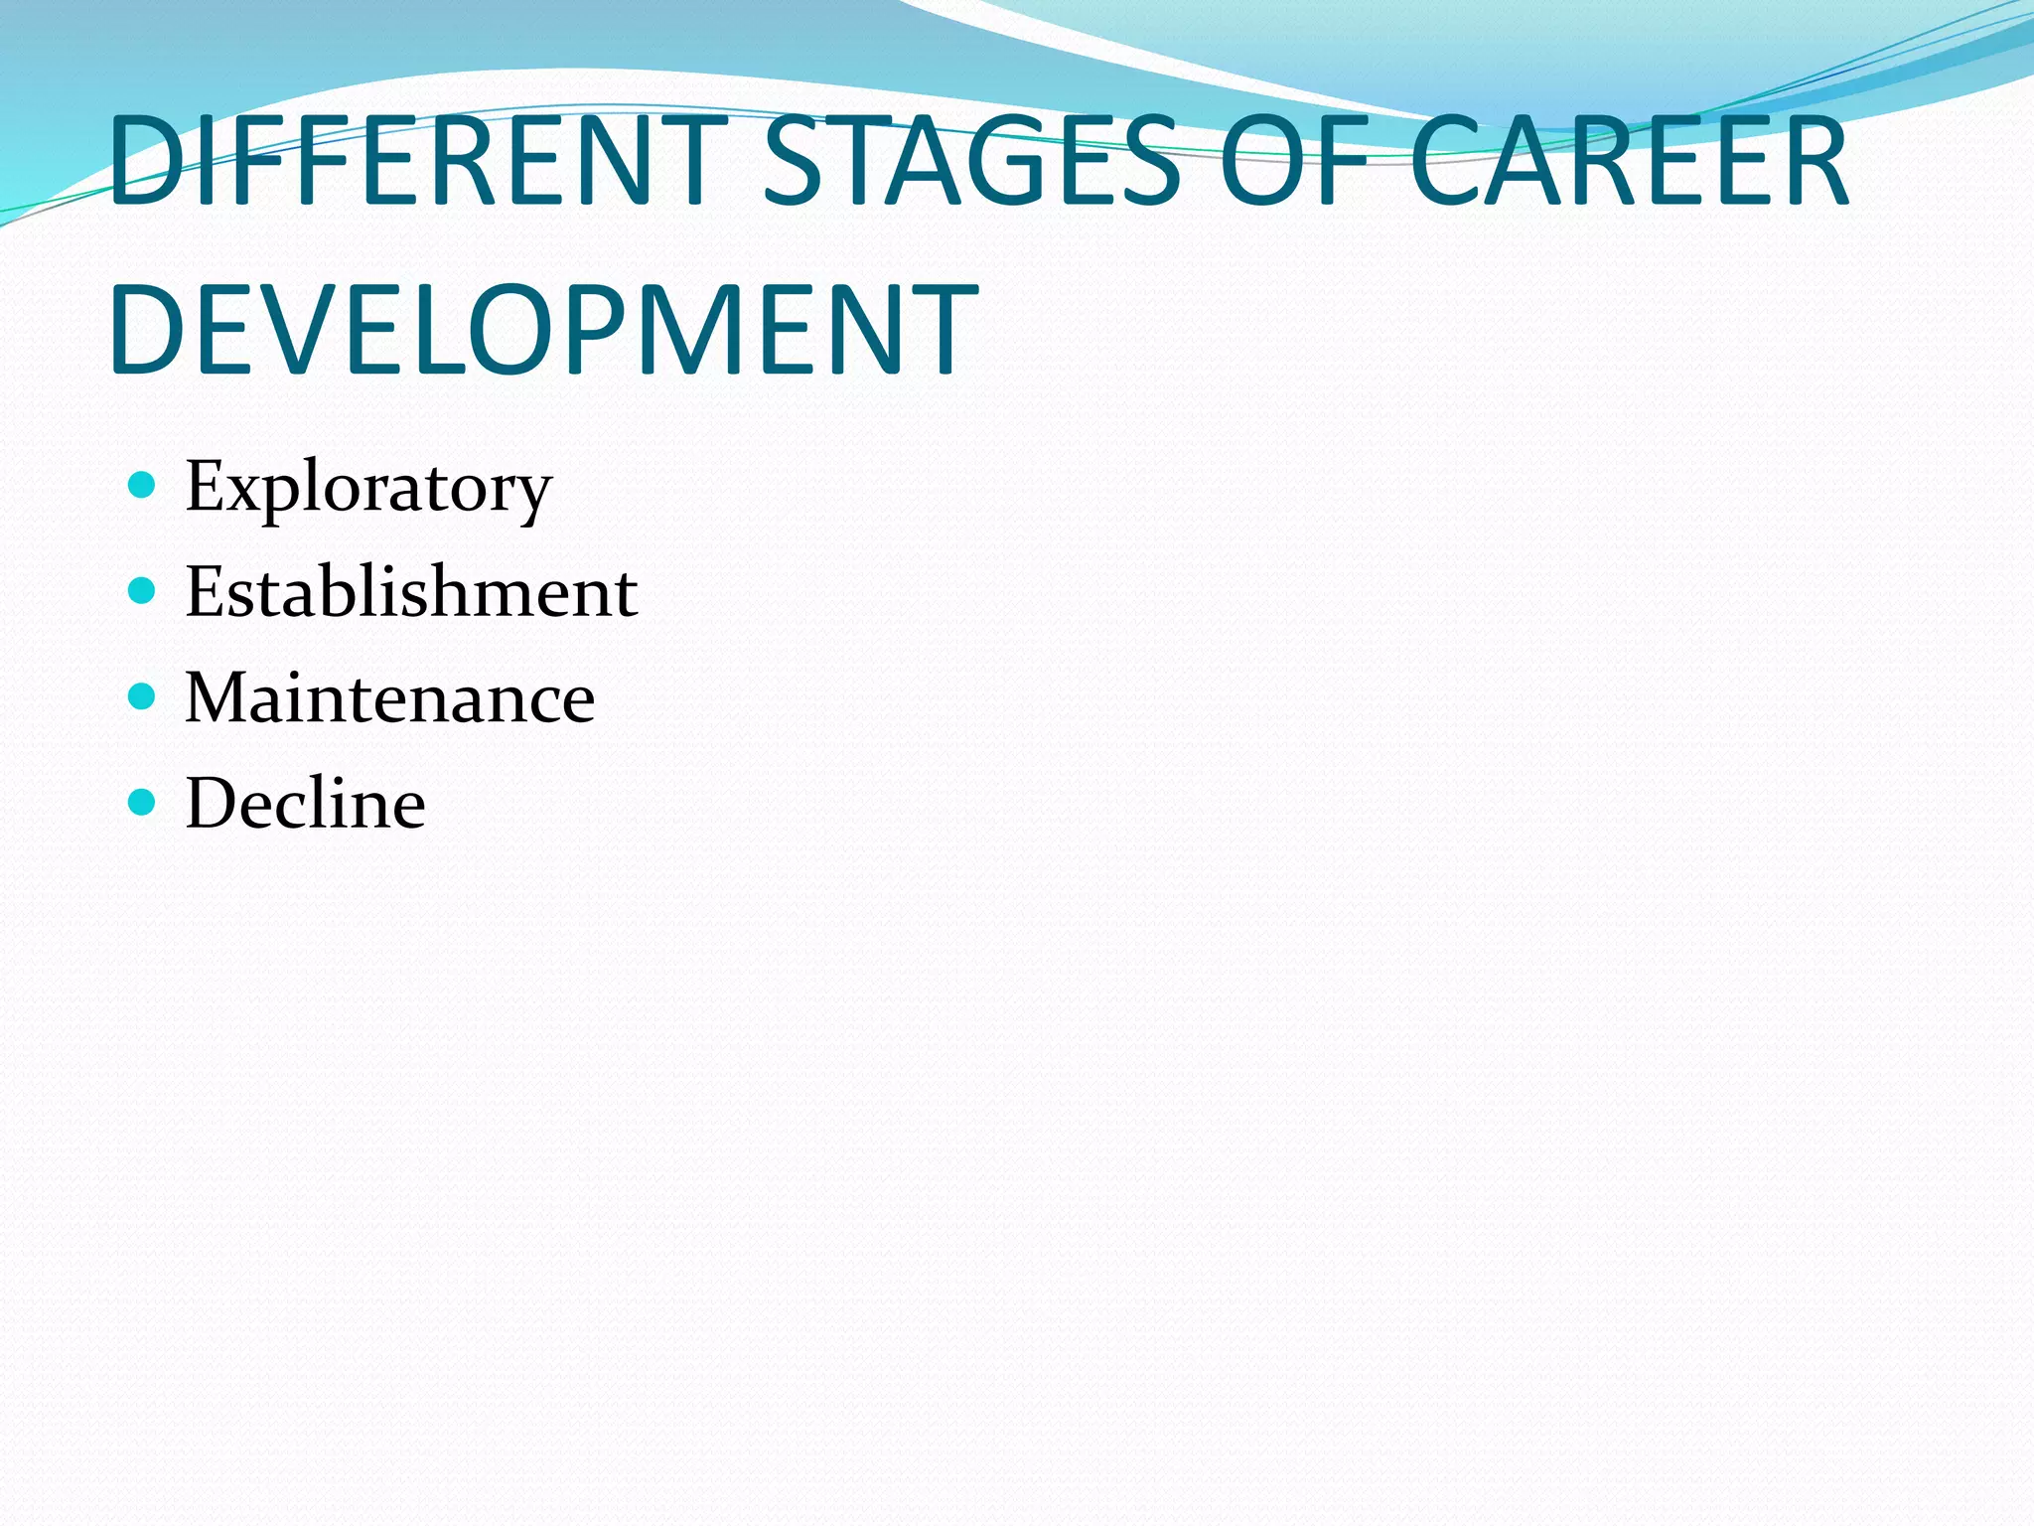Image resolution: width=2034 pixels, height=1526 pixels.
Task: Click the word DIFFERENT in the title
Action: pos(417,161)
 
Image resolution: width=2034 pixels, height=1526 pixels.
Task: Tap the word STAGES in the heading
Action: pos(971,161)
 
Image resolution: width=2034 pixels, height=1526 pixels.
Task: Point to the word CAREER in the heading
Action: pos(1629,161)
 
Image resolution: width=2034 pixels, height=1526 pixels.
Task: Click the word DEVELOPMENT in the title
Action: pos(544,330)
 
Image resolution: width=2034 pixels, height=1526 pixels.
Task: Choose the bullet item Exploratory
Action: pos(368,488)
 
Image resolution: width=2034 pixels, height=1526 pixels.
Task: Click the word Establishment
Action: pos(411,592)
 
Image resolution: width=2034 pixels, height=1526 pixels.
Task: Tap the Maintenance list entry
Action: pos(389,697)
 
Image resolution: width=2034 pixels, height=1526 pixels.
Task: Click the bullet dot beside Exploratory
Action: pos(143,486)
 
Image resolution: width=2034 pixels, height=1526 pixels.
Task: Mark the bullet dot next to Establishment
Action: pos(143,591)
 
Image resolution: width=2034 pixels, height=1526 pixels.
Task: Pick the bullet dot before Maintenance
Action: pos(143,696)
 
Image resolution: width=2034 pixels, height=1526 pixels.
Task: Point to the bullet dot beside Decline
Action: pos(143,802)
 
